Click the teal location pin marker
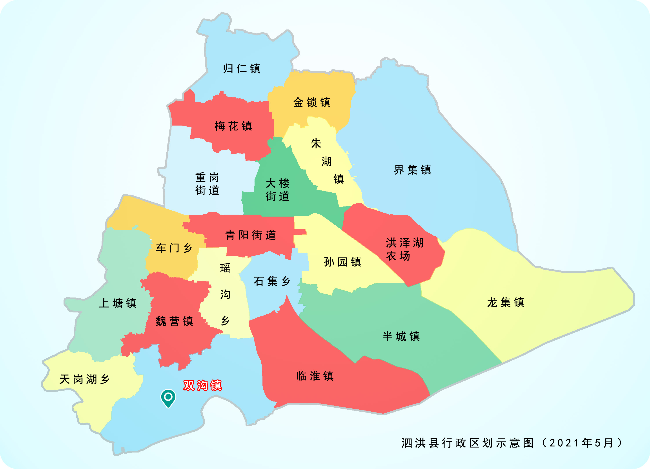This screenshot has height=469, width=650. [x=168, y=397]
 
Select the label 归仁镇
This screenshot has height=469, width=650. [x=242, y=69]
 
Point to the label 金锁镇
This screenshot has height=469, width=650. [x=312, y=102]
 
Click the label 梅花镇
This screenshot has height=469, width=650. [x=233, y=126]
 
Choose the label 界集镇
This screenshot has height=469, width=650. [x=412, y=170]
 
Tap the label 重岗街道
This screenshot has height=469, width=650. [x=207, y=184]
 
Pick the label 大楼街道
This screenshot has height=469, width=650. [x=277, y=190]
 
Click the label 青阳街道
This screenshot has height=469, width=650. [x=251, y=235]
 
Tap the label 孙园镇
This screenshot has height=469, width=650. [x=342, y=262]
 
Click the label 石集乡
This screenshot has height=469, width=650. [x=272, y=281]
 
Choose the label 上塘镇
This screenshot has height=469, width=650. [x=118, y=303]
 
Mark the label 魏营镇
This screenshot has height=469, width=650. [x=174, y=321]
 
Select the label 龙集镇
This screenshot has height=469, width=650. [x=506, y=302]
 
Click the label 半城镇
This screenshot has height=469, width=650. [x=401, y=336]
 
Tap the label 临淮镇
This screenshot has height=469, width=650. [x=315, y=376]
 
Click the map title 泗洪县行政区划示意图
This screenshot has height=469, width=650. [x=467, y=443]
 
